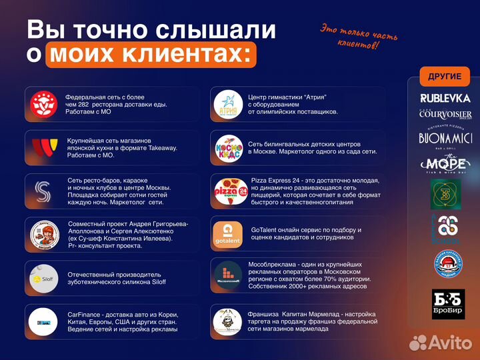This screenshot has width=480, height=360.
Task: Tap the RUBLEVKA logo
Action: [x=445, y=98]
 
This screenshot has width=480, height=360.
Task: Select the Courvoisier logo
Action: [x=445, y=114]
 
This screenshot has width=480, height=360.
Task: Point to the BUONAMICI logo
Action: [x=445, y=138]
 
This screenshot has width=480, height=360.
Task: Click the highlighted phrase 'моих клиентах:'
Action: [x=151, y=55]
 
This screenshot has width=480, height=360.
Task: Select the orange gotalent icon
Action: [x=227, y=233]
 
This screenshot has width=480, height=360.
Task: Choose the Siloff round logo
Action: [x=45, y=277]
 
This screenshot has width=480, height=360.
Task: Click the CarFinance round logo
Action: [x=45, y=321]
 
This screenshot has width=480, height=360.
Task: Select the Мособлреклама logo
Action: [x=228, y=275]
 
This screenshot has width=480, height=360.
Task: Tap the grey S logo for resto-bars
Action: [x=45, y=192]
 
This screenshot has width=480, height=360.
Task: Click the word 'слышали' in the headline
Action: [x=215, y=29]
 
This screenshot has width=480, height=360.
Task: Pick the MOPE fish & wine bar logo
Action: [x=445, y=163]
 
